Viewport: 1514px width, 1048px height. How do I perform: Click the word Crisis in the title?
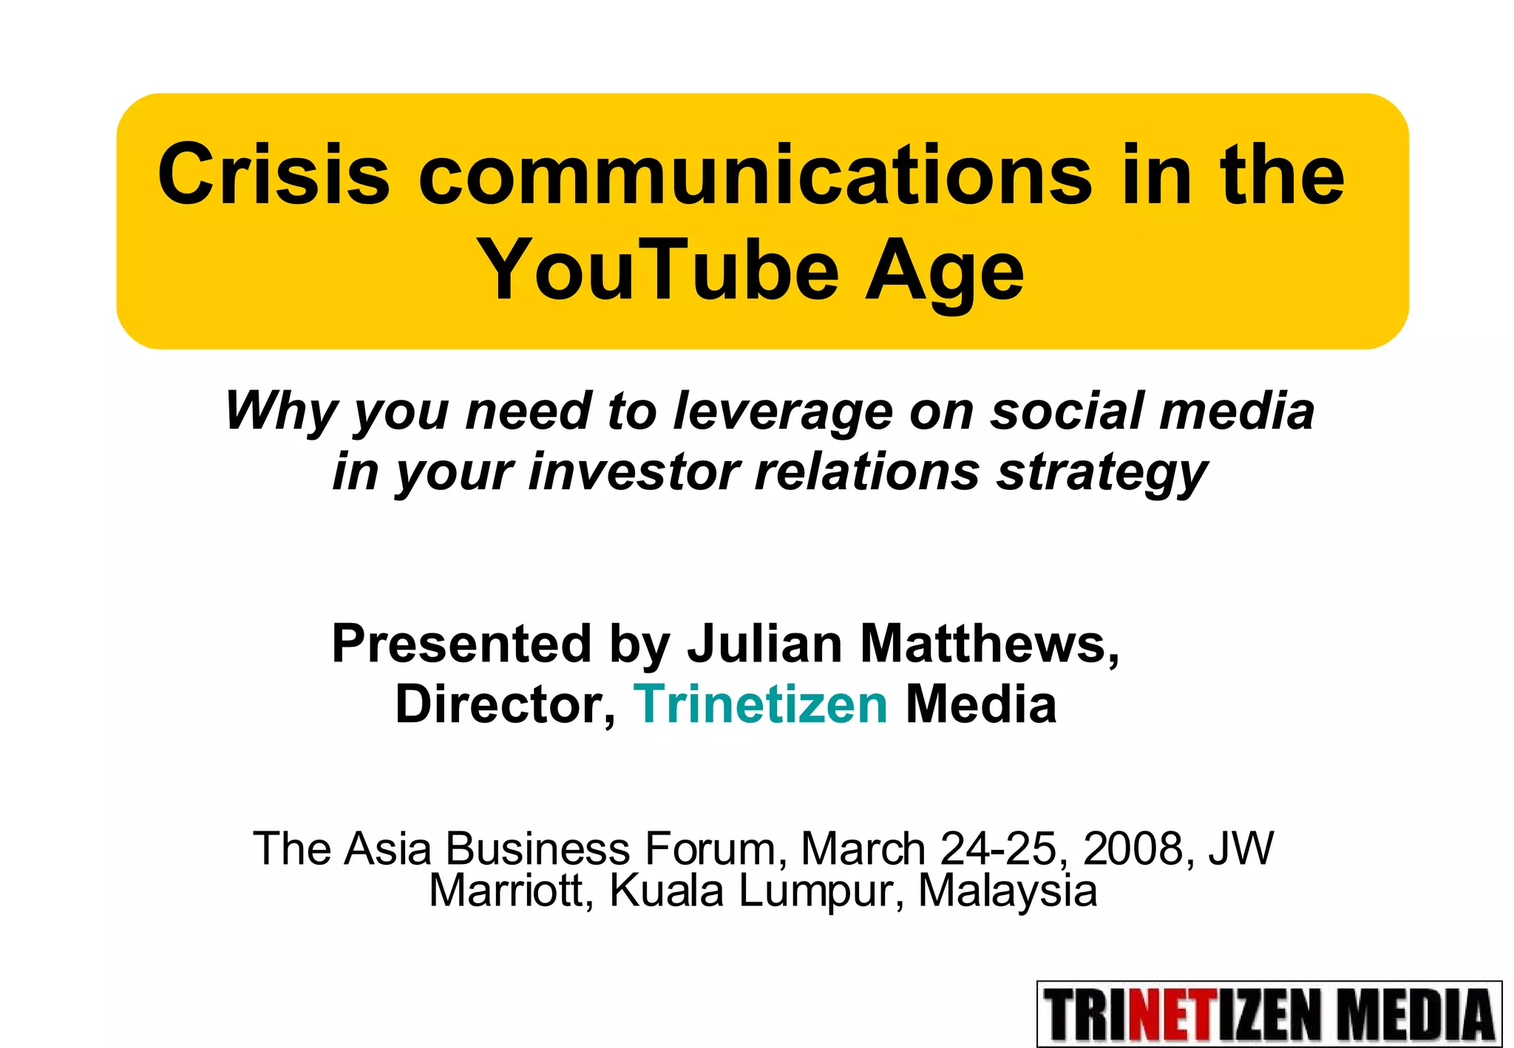[x=274, y=174]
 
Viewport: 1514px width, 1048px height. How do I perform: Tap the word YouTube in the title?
[x=658, y=270]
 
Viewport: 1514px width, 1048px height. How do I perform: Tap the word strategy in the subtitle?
[x=1101, y=473]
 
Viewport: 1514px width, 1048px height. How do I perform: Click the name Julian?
[x=765, y=643]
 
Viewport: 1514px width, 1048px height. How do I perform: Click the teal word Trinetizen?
[x=761, y=704]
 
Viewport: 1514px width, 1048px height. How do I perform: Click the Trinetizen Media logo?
[x=1269, y=1014]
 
